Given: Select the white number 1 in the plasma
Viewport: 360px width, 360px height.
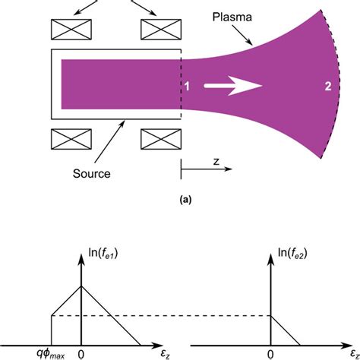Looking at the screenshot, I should click(186, 87).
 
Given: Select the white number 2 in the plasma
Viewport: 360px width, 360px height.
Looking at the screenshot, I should click(327, 87).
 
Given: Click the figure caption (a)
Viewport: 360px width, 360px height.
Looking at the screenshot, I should click(180, 201).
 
